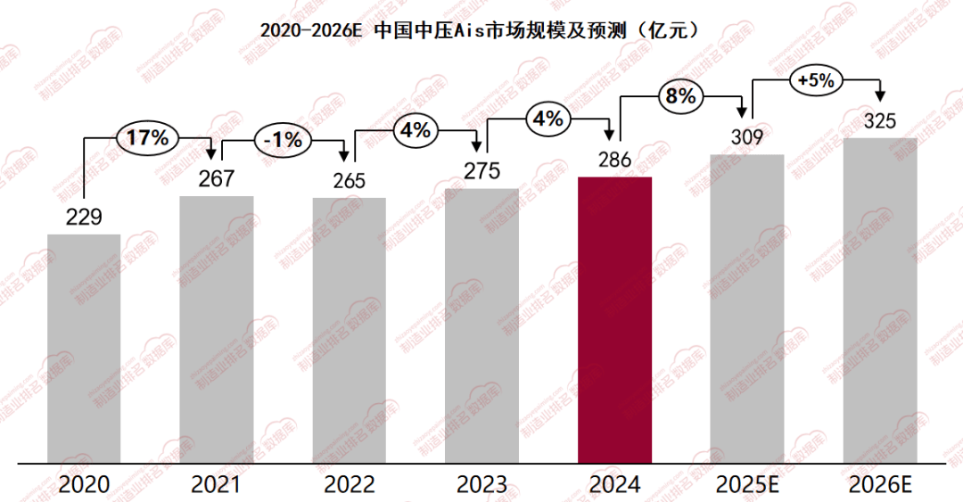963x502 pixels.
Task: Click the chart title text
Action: pos(481,29)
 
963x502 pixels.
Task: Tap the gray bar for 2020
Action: pos(84,348)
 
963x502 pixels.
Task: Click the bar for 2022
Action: pos(349,329)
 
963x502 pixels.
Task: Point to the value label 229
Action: pos(84,217)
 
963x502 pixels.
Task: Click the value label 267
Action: pos(216,178)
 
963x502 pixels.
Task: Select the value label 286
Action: pos(614,160)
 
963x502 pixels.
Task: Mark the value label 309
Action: pos(746,137)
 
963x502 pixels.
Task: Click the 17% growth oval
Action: pos(148,138)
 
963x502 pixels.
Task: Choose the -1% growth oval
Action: pos(283,140)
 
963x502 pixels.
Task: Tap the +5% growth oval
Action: pos(816,80)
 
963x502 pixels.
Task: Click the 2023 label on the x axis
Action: pos(481,485)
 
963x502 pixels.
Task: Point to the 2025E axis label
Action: pos(747,485)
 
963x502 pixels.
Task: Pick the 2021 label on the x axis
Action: pos(216,485)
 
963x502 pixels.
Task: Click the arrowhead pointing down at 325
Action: pos(881,93)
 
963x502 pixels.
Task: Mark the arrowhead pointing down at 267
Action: pos(212,154)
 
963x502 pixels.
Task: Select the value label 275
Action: pos(481,170)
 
